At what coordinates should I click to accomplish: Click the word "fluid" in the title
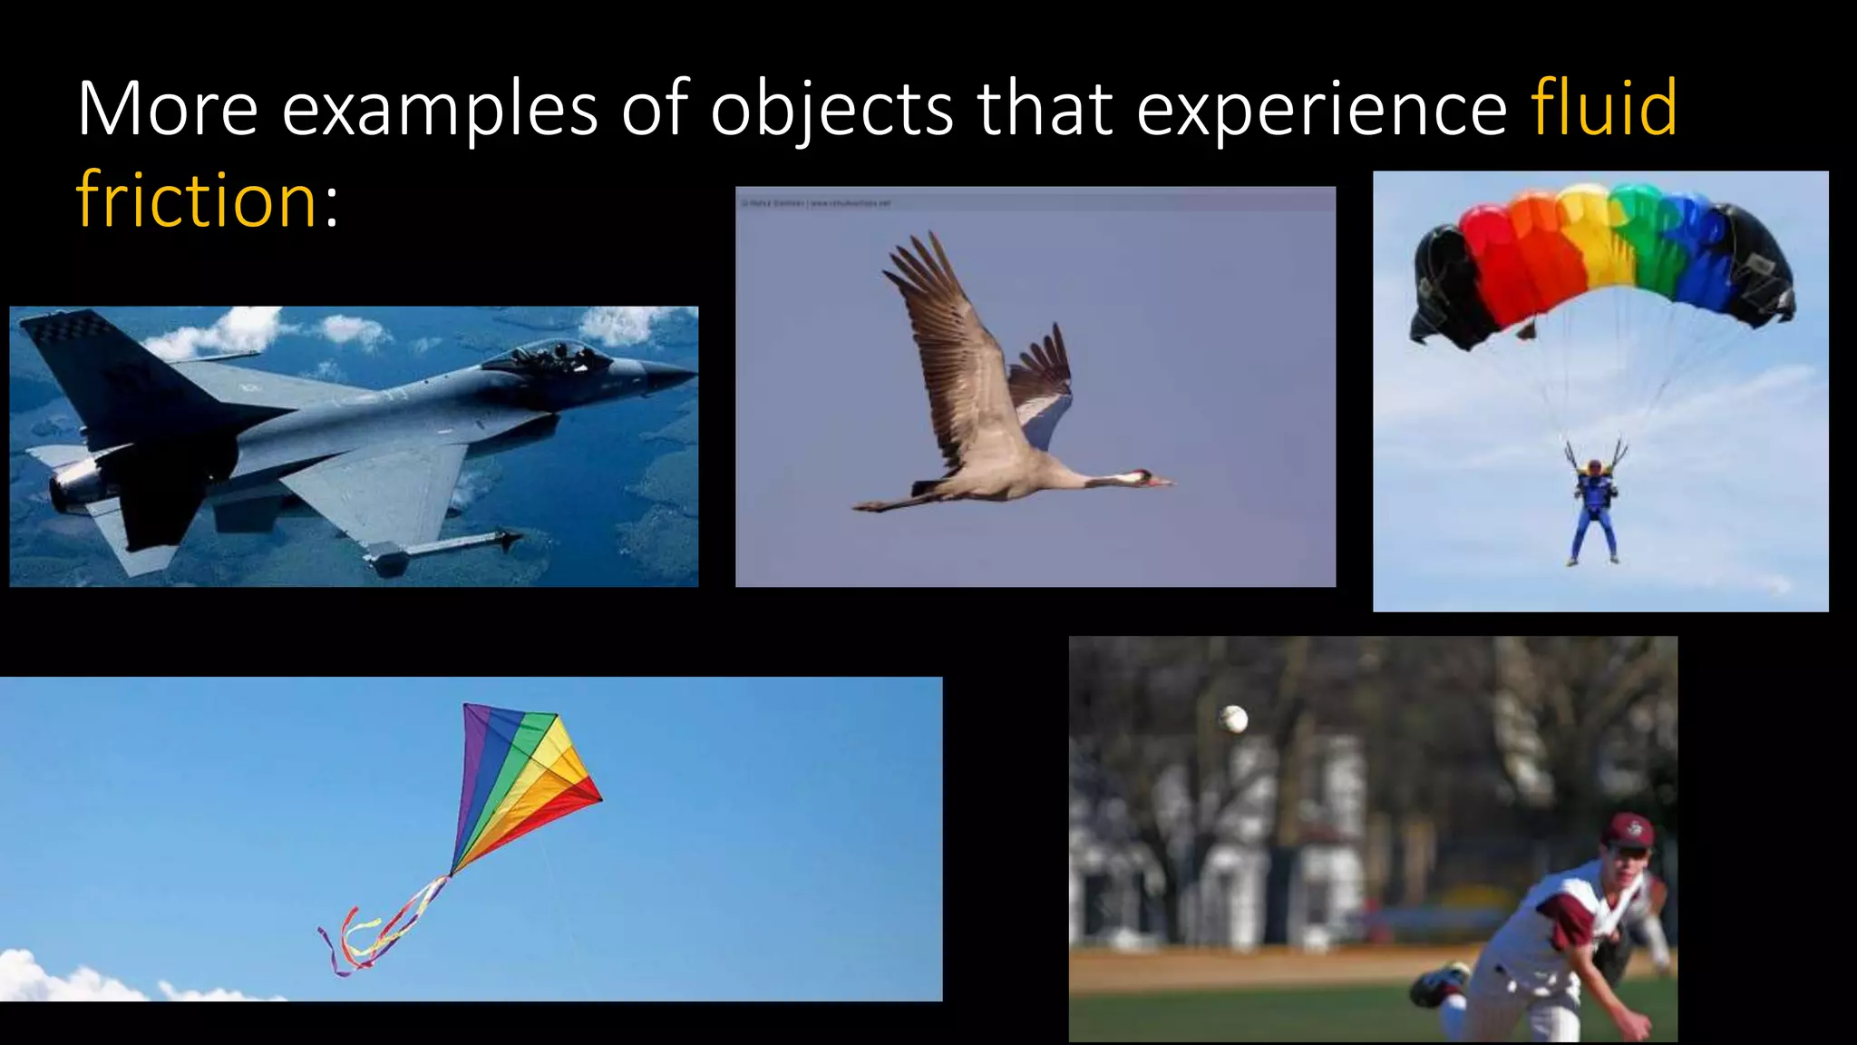[1603, 108]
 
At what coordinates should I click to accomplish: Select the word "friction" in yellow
[196, 200]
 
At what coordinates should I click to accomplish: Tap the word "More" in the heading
[168, 110]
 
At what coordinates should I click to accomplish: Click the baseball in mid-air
[1234, 719]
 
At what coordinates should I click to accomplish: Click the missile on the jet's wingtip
[444, 549]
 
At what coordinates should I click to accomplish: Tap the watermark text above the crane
[816, 203]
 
